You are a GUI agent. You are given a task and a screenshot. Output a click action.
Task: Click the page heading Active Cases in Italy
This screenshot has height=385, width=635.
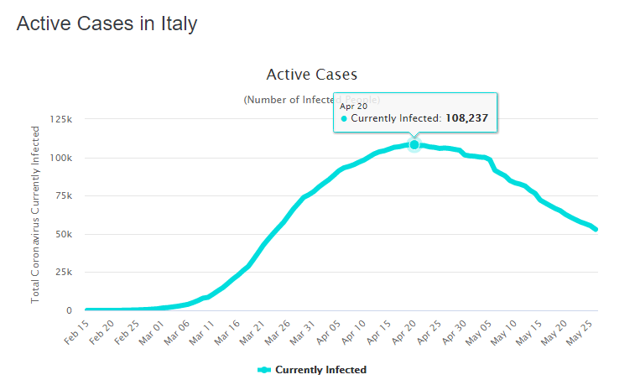click(107, 23)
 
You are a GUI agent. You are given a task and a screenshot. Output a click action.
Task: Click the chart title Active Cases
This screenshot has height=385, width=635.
click(311, 75)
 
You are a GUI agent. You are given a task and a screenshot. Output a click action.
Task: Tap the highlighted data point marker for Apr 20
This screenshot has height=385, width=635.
click(414, 144)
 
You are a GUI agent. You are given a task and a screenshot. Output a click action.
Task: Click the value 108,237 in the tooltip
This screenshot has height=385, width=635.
click(466, 119)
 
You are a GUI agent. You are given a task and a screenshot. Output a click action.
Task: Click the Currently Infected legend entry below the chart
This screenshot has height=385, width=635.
click(312, 370)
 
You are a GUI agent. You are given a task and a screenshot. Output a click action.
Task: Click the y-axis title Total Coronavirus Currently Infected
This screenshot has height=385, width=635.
click(35, 215)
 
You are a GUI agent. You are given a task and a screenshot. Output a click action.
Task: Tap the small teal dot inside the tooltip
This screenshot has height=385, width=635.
click(344, 119)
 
